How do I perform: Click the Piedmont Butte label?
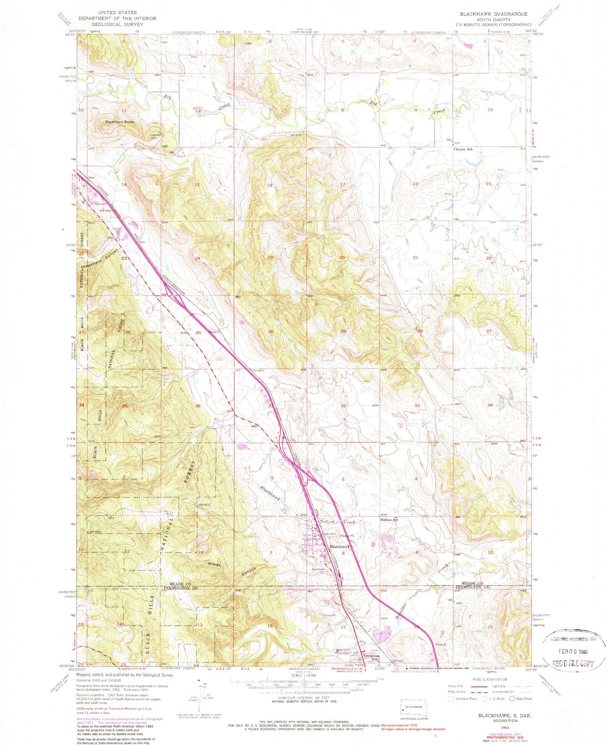coord(120,122)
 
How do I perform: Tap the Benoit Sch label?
coord(463,149)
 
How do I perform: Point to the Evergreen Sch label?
coord(371,657)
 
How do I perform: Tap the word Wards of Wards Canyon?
coord(215,564)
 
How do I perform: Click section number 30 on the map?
coord(270,332)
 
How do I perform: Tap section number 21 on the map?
coord(415,257)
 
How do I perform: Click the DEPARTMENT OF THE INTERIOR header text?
coord(108,18)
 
